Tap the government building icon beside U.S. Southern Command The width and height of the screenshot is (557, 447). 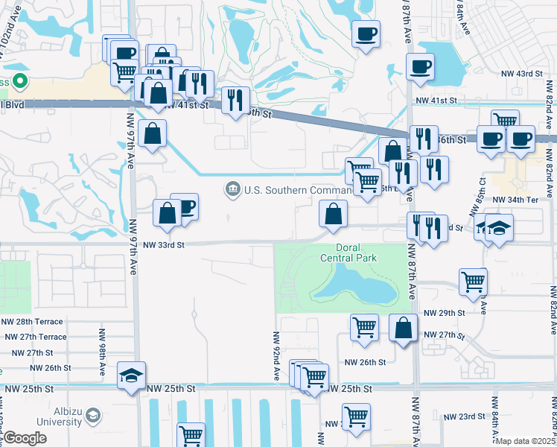click(233, 190)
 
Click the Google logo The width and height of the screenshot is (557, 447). click(25, 439)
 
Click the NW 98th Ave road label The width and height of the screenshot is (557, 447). click(101, 349)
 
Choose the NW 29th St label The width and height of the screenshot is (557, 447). click(444, 314)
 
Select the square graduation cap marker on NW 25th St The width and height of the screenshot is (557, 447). click(131, 376)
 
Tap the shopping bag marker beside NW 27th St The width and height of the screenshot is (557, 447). click(403, 329)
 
